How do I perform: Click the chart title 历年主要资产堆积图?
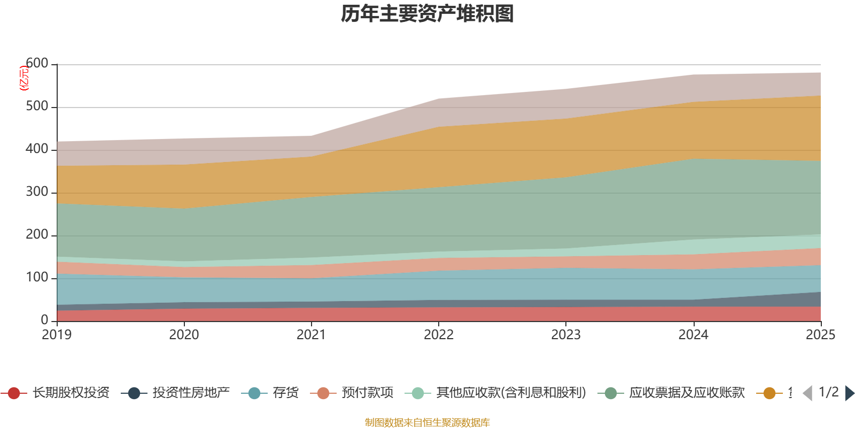click(x=428, y=14)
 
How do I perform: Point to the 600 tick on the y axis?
click(x=37, y=64)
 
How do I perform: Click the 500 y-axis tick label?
click(x=37, y=106)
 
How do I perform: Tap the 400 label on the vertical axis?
click(x=37, y=149)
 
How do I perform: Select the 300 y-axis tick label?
click(x=37, y=192)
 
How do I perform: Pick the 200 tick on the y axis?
click(x=37, y=235)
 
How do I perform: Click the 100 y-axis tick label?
click(x=37, y=278)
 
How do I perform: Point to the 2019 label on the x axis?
click(x=57, y=335)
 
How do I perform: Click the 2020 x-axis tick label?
click(x=184, y=335)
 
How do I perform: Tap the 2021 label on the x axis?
click(x=311, y=335)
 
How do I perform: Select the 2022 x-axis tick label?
click(x=438, y=335)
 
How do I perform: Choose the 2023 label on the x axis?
click(x=566, y=335)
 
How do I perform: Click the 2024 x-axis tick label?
click(x=693, y=335)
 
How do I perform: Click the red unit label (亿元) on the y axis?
click(x=24, y=78)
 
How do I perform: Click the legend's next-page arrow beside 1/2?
click(x=849, y=393)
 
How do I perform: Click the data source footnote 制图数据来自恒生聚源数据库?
click(x=428, y=423)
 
